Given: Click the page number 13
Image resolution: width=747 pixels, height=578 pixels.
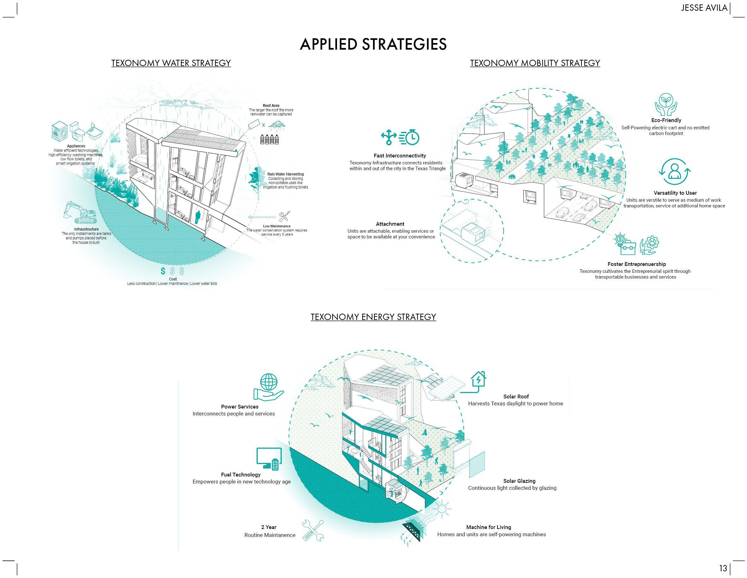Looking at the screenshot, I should (x=723, y=569).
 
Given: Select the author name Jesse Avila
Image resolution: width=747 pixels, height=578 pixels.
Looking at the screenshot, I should (x=704, y=8).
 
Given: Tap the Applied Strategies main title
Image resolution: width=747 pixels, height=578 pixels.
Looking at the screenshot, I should (x=373, y=44).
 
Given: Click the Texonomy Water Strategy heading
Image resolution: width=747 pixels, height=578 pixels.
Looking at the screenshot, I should (x=171, y=63).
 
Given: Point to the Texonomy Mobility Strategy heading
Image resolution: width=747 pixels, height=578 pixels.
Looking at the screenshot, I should (x=535, y=63).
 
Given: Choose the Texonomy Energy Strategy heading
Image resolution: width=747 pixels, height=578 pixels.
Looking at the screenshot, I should (x=373, y=317).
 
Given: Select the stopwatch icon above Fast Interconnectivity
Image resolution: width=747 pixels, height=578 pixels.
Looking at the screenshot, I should (x=409, y=137).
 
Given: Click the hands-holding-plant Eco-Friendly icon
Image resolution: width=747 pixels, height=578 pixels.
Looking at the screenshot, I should (x=666, y=104).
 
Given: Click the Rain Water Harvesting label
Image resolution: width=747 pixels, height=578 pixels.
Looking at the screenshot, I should (x=285, y=174).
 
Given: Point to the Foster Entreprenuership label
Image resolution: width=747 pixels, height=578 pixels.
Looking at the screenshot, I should (x=636, y=264).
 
